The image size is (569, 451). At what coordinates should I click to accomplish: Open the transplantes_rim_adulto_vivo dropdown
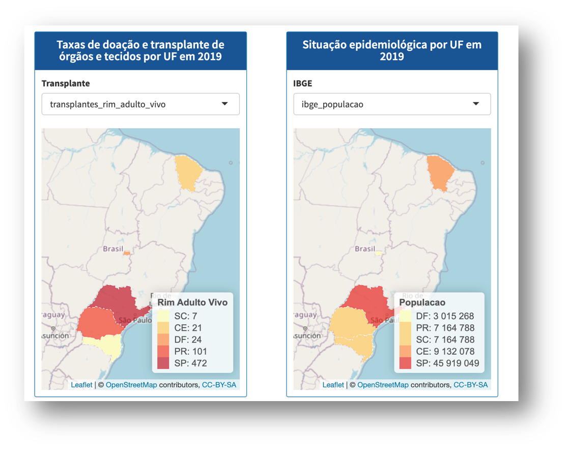coord(140,104)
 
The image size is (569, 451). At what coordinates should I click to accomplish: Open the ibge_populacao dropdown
coord(392,104)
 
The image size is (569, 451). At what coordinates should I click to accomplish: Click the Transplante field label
coord(66,83)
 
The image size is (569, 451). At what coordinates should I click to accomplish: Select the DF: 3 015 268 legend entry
coord(438,316)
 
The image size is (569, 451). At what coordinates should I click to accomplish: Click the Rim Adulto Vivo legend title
coord(192,302)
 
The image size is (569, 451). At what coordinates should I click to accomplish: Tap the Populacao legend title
coord(422,302)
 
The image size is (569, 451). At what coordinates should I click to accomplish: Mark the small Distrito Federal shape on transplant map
coord(127,252)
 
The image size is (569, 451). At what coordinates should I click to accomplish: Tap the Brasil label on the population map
coord(365,249)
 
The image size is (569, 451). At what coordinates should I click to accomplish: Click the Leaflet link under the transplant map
coord(81,385)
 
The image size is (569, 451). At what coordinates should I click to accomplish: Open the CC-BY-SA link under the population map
coord(470,385)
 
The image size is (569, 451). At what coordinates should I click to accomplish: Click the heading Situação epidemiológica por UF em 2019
coord(392,50)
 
